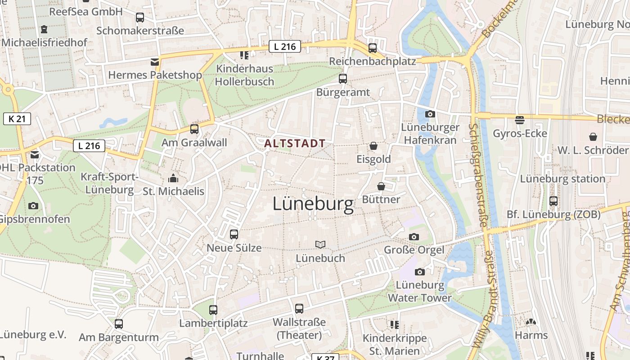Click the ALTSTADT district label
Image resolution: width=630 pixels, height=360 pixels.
click(295, 144)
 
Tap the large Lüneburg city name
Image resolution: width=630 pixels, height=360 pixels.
click(313, 205)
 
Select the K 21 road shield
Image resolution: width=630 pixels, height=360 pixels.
click(17, 119)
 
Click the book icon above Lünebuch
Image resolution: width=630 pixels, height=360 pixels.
click(320, 244)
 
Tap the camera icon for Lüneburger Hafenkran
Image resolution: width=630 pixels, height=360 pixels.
click(430, 114)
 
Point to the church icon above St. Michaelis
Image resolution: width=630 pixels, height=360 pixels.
click(173, 178)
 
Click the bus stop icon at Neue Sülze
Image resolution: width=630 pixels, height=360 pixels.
click(234, 234)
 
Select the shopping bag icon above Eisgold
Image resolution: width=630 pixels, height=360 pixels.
click(373, 146)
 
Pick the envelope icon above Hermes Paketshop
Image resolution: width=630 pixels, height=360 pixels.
click(155, 62)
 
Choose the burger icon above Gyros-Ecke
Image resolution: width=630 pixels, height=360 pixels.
click(520, 120)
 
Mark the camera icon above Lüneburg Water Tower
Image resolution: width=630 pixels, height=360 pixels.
click(420, 272)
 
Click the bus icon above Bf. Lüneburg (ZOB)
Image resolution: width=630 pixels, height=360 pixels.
click(553, 201)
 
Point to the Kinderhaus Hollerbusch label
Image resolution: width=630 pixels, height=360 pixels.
click(244, 75)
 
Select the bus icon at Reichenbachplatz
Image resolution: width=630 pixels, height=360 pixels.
click(373, 48)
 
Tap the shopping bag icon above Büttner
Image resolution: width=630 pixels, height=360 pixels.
click(381, 186)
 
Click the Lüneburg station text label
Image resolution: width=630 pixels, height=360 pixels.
click(562, 179)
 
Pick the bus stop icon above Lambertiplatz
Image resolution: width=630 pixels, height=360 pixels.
click(213, 310)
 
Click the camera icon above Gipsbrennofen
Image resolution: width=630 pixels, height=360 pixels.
click(33, 206)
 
